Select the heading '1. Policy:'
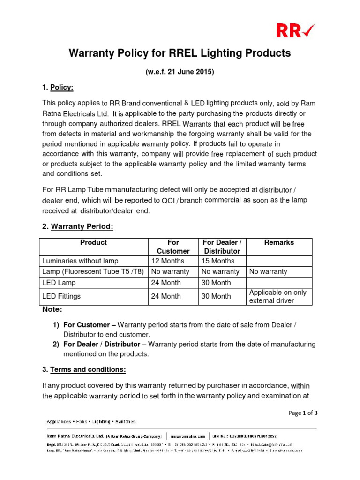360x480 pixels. click(x=58, y=88)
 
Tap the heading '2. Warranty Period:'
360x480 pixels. click(x=77, y=226)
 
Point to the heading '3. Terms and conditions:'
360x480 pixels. click(x=84, y=369)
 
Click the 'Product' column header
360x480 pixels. click(x=93, y=242)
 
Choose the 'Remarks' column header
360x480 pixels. click(x=279, y=242)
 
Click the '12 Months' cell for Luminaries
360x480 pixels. click(x=168, y=261)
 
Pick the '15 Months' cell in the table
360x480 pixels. click(x=218, y=261)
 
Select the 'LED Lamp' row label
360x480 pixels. click(x=59, y=283)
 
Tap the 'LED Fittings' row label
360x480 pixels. click(x=61, y=296)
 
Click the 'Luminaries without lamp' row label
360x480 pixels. click(x=80, y=261)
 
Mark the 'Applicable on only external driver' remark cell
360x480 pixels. click(x=277, y=296)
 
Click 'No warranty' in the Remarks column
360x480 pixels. click(x=268, y=271)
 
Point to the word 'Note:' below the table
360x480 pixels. click(x=52, y=309)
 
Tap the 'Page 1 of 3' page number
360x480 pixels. click(x=303, y=413)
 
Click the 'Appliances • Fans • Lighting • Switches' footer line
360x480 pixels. click(x=91, y=421)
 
